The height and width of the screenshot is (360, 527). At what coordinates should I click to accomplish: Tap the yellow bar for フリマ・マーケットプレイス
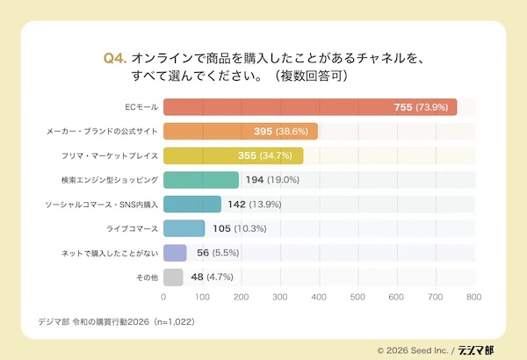pos(233,156)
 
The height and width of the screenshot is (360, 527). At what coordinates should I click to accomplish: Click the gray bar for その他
pos(173,277)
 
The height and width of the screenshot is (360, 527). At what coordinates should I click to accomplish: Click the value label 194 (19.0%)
pos(273,180)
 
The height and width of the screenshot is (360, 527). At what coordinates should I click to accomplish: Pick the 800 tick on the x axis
pos(474,298)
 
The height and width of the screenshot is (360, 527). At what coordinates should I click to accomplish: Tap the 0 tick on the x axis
pos(164,298)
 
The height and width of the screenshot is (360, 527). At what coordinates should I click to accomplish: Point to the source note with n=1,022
pos(114,320)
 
